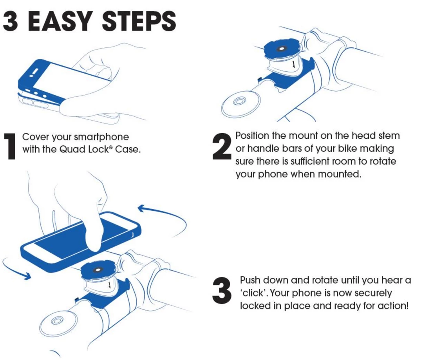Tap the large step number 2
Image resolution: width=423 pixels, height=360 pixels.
click(x=221, y=146)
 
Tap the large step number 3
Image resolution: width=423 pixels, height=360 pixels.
click(x=221, y=291)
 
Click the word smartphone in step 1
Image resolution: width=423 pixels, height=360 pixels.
click(x=101, y=137)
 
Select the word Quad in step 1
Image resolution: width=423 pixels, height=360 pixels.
click(x=70, y=149)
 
